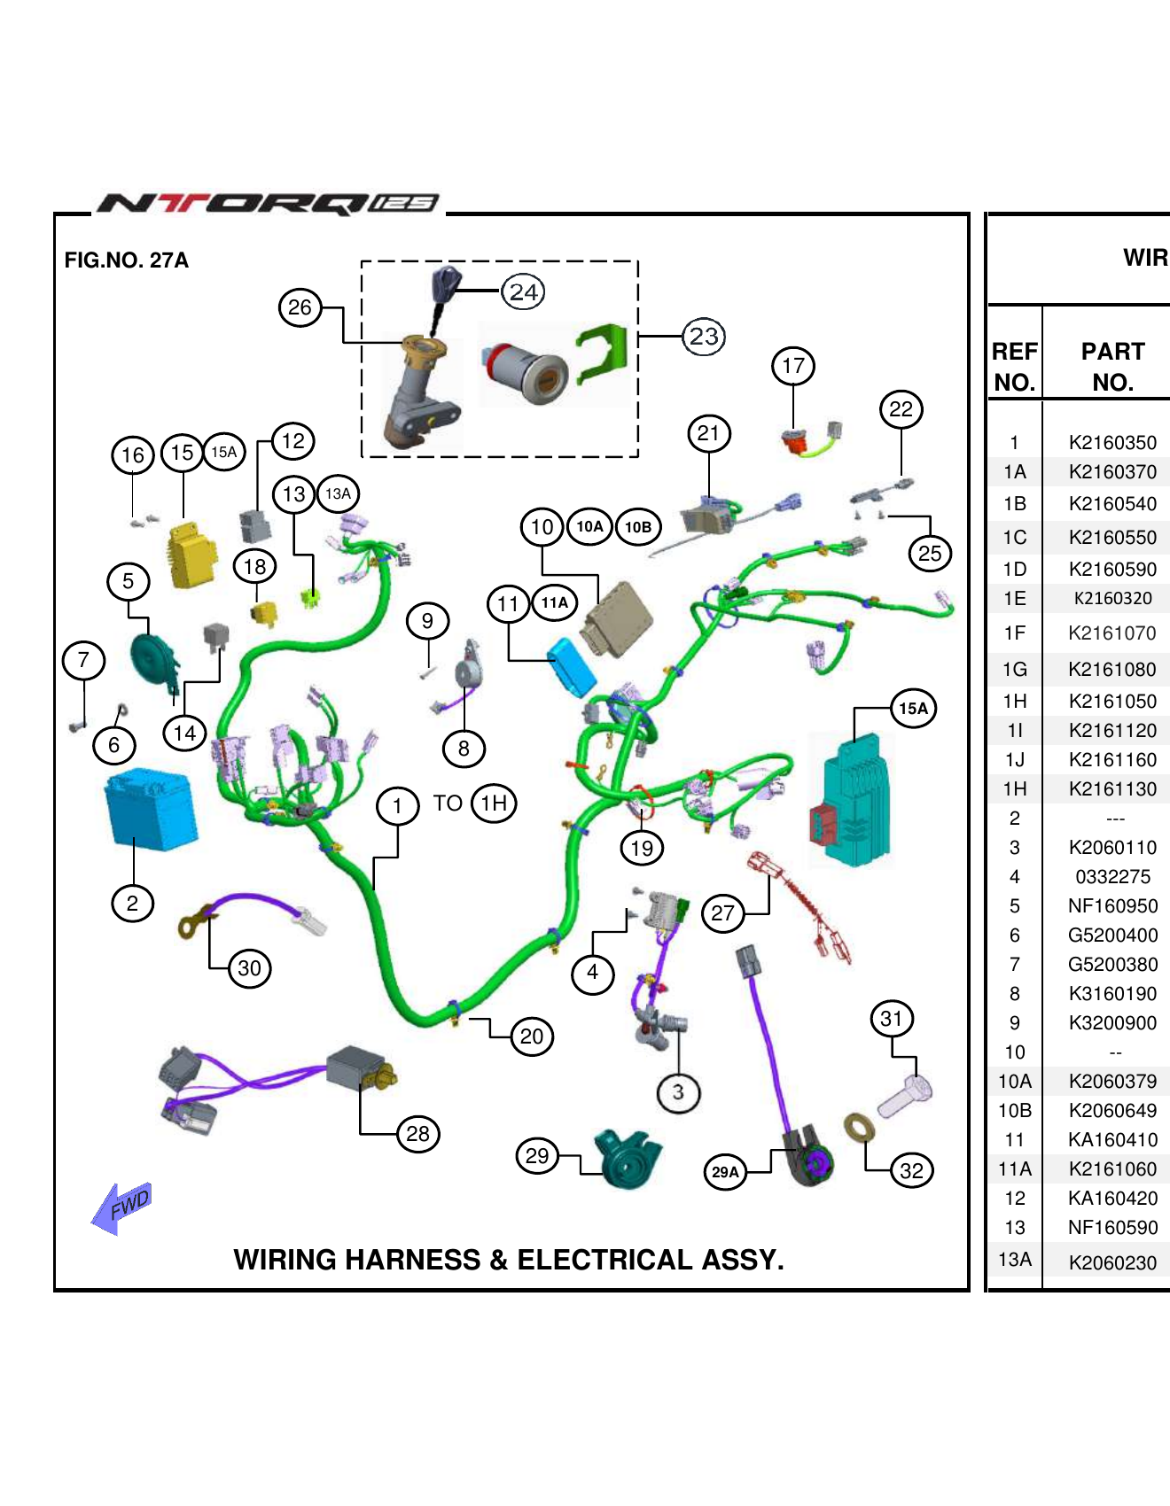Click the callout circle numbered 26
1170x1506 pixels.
point(300,307)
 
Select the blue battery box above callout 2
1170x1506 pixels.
point(150,809)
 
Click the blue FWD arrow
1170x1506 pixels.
point(122,1207)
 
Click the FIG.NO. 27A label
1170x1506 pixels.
point(126,260)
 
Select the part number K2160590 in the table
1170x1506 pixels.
point(1111,569)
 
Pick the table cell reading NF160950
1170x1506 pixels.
point(1111,905)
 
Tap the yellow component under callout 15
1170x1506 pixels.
point(192,555)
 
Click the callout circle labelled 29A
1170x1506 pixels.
point(725,1172)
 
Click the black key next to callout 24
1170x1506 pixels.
point(444,285)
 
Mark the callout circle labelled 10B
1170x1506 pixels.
point(638,527)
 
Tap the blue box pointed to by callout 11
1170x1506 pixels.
point(572,666)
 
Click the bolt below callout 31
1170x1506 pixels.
point(906,1097)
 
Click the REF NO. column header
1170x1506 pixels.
point(1014,366)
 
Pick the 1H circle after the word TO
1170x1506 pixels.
point(494,803)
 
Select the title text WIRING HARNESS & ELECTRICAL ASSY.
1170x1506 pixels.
point(509,1260)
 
